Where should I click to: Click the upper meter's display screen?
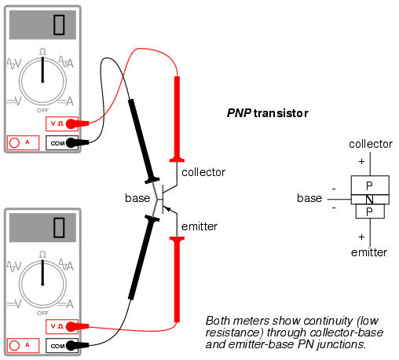42,25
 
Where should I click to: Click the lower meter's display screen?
42,227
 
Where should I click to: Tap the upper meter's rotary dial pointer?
42,69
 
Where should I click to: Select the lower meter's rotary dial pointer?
42,273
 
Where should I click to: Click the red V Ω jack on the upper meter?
62,123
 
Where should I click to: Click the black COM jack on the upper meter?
62,143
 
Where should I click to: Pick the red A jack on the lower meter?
23,345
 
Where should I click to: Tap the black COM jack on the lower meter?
62,346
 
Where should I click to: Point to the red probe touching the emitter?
177,279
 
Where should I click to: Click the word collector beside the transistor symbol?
203,172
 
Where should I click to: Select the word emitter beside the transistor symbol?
199,226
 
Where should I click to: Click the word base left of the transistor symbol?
137,198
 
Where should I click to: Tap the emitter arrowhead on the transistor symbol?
167,209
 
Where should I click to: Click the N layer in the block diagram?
370,200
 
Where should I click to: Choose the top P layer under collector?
370,186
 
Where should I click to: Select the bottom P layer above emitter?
370,211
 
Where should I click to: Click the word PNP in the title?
239,113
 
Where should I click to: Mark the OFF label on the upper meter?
42,110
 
